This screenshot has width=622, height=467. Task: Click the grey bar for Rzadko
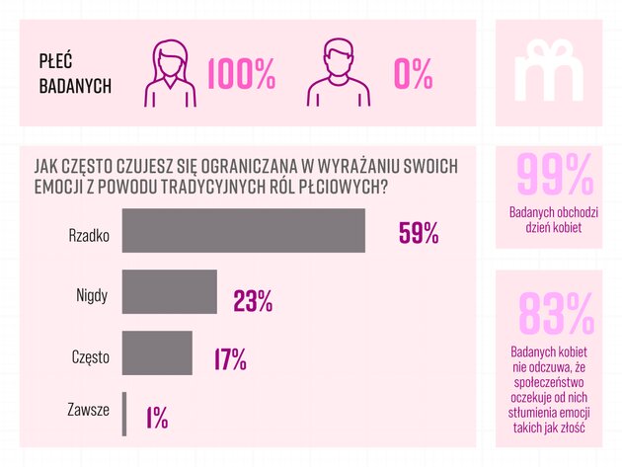tap(243, 231)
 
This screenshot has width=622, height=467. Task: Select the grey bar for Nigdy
tap(169, 292)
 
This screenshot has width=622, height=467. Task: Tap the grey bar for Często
tap(157, 353)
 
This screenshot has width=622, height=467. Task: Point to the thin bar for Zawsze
tap(124, 414)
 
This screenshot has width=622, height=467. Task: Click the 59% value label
tap(418, 233)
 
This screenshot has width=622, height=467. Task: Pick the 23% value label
tap(253, 300)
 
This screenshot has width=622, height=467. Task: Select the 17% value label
tap(229, 359)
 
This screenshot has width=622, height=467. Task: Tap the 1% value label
tap(156, 419)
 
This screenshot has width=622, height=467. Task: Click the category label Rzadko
tap(88, 236)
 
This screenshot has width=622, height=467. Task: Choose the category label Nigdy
tap(92, 294)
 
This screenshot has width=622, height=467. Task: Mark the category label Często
tap(90, 355)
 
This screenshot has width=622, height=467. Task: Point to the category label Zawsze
tap(88, 409)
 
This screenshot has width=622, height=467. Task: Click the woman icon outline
tap(174, 72)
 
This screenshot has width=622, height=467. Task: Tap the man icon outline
tap(338, 73)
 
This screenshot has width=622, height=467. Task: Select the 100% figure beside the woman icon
tap(241, 74)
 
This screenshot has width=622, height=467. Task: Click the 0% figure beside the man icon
tap(413, 74)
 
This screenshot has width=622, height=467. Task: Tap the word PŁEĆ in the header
tap(57, 61)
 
